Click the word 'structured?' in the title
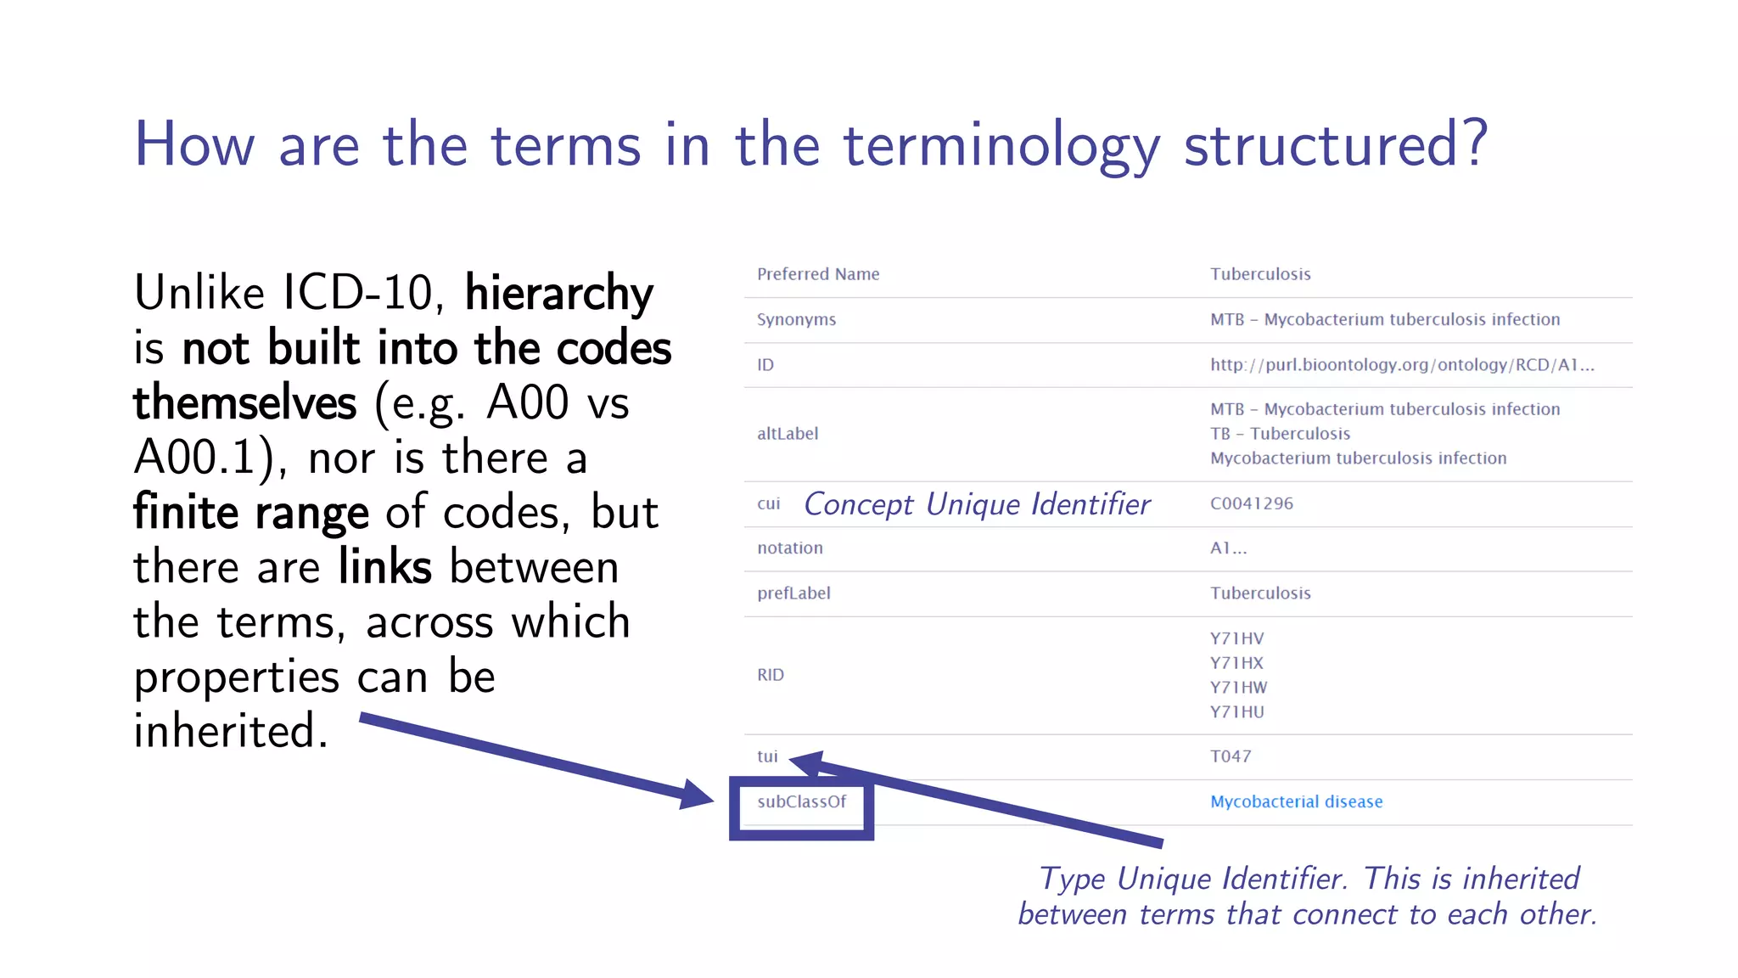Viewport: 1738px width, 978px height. (x=1336, y=145)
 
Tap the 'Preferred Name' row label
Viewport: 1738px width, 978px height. (x=818, y=274)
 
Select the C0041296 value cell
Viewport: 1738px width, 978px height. (x=1252, y=503)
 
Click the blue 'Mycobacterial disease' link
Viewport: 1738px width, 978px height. (x=1296, y=801)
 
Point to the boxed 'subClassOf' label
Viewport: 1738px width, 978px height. (x=801, y=801)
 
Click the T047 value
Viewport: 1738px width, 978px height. (x=1231, y=756)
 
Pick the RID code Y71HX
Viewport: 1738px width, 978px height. (x=1236, y=663)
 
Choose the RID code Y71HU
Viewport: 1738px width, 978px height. (x=1236, y=712)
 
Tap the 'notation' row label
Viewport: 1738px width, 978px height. (x=790, y=548)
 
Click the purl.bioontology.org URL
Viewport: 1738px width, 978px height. (x=1402, y=365)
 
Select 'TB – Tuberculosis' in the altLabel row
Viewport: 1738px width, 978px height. (x=1280, y=434)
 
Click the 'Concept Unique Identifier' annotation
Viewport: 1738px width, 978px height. (x=977, y=504)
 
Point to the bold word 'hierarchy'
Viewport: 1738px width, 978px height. (x=559, y=294)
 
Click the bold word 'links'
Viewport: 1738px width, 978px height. (x=385, y=567)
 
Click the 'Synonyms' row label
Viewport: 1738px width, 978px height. (x=796, y=320)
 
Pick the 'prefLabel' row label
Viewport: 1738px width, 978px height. (x=793, y=593)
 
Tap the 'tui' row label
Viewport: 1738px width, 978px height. (x=767, y=756)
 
